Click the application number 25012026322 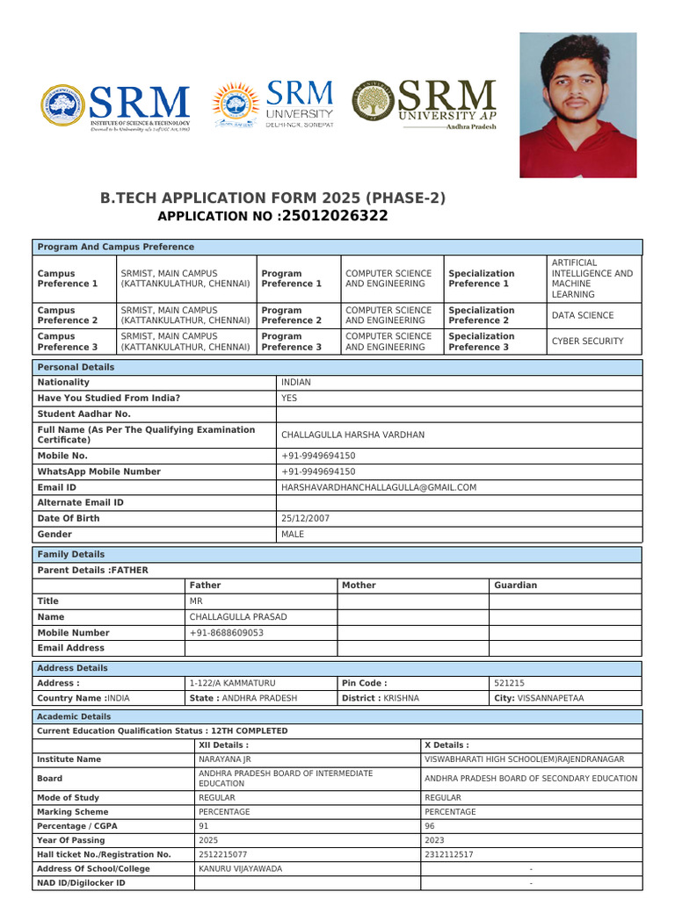tap(333, 216)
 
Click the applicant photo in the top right tap(577, 105)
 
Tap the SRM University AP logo tap(425, 105)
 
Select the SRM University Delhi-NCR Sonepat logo tap(273, 105)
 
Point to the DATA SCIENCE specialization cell tap(583, 315)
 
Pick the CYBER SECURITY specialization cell tap(587, 342)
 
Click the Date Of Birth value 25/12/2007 tap(306, 518)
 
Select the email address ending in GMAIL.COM tap(379, 487)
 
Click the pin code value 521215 tap(510, 682)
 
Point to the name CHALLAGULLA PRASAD tap(238, 616)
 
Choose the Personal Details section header tap(75, 367)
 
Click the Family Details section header tap(71, 554)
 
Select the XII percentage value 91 tap(204, 825)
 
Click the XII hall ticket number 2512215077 tap(222, 853)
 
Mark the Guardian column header tap(515, 585)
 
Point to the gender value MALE tap(293, 534)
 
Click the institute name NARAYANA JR tap(225, 759)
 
